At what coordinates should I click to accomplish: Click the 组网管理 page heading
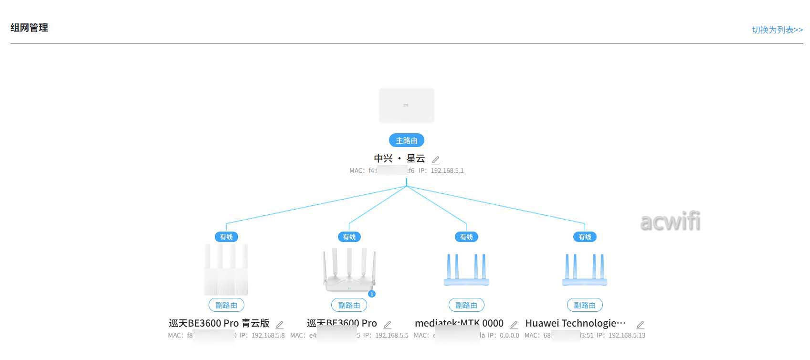point(29,28)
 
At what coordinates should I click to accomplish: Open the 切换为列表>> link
point(777,30)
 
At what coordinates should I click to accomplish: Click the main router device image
point(406,105)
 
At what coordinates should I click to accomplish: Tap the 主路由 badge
point(406,140)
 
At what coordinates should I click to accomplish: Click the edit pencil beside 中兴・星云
point(435,160)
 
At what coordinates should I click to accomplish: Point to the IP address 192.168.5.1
point(447,170)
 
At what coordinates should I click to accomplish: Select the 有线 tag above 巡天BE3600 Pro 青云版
point(226,237)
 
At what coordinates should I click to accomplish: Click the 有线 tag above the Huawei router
point(585,237)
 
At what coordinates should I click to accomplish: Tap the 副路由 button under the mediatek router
point(466,305)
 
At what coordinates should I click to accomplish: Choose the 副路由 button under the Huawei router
point(585,305)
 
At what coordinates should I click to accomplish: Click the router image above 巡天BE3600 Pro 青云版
point(226,269)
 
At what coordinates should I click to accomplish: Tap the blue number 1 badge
point(372,294)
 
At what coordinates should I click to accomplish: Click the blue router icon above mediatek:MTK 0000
point(466,270)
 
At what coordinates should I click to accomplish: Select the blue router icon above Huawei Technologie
point(585,270)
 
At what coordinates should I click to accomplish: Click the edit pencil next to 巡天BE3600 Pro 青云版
point(280,325)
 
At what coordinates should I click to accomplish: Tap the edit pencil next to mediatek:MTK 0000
point(514,325)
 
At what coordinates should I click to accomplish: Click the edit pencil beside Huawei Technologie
point(641,325)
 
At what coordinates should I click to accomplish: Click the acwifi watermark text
point(670,222)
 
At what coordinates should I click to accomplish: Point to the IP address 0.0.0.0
point(509,335)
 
